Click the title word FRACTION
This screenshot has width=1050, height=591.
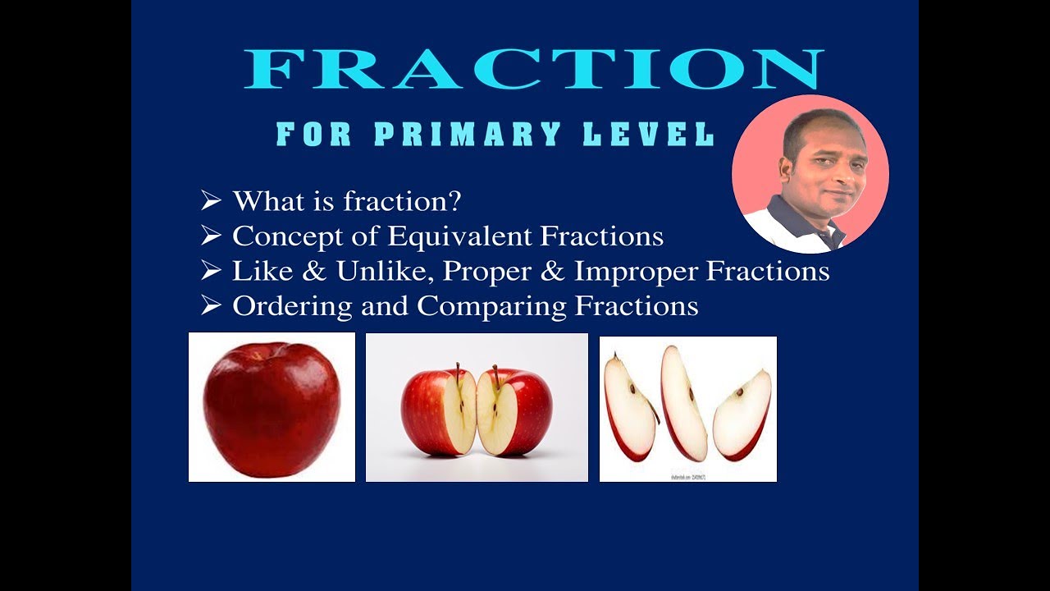(533, 69)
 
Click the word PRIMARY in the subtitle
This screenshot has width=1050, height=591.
(468, 135)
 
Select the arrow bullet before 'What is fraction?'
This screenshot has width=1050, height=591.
(211, 200)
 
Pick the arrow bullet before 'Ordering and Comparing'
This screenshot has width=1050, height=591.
(211, 306)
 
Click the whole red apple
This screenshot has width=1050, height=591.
(272, 408)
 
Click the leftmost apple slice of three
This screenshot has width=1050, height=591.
(630, 407)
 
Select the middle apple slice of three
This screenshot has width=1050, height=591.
(683, 402)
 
